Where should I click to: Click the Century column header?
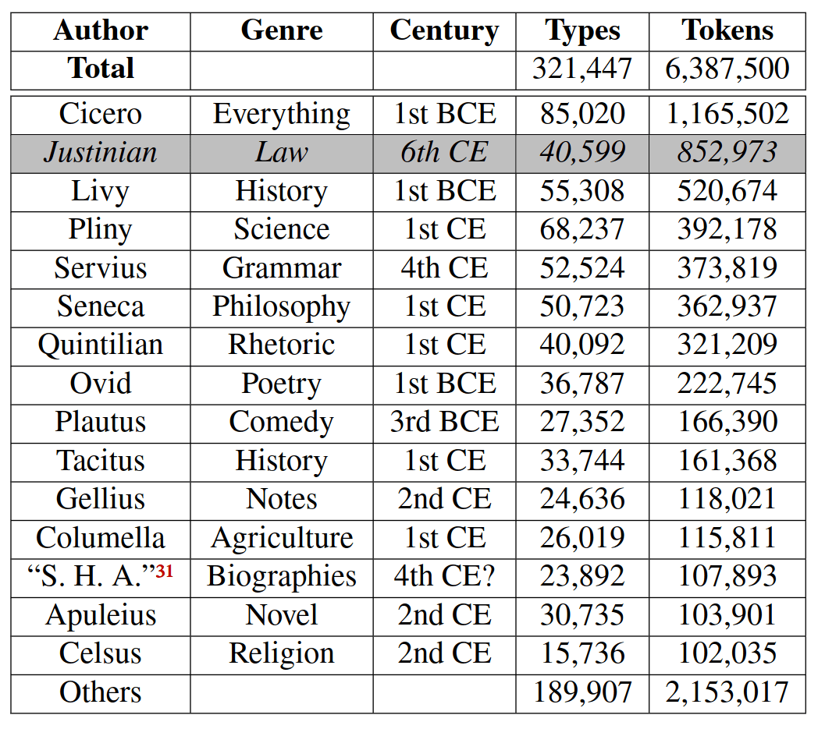coord(444,30)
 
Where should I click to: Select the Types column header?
coord(582,30)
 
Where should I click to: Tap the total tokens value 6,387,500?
coord(727,69)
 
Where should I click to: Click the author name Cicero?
coord(101,114)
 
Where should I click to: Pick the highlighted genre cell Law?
coord(281,152)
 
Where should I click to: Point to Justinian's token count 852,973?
coord(727,152)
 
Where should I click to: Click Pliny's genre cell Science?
coord(281,229)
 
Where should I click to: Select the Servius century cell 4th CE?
coord(444,267)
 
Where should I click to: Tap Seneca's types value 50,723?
coord(582,306)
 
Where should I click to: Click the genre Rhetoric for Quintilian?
coord(281,344)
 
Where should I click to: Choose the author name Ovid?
coord(101,383)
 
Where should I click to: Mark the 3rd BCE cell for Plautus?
coord(444,421)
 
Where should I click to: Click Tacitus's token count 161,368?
coord(727,460)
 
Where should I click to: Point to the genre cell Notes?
coord(281,498)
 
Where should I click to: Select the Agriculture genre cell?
coord(281,537)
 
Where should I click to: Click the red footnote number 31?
coord(164,572)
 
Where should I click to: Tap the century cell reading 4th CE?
coord(444,576)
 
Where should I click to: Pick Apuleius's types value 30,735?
coord(582,614)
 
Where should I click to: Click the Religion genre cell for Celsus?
coord(281,653)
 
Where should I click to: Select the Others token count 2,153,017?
coord(727,692)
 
